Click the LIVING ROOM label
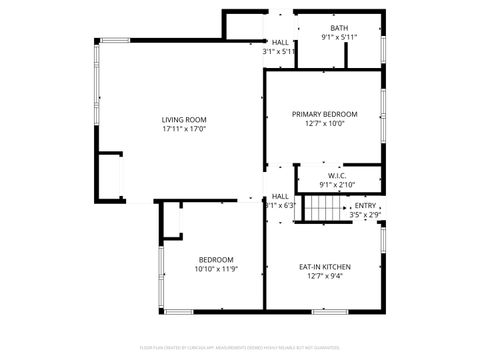[177, 119]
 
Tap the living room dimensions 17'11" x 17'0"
[177, 129]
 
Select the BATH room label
[340, 28]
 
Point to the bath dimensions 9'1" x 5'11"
[340, 37]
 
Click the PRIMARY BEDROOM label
[325, 114]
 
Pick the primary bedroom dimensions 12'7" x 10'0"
[325, 124]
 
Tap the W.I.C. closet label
[336, 175]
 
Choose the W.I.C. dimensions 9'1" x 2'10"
[336, 184]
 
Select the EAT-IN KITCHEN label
[325, 267]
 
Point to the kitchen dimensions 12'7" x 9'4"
[325, 277]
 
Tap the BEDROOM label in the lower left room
[215, 259]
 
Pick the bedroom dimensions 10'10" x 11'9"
[215, 269]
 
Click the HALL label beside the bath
[280, 42]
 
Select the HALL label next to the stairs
[280, 196]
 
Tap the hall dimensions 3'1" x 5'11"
[279, 51]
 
